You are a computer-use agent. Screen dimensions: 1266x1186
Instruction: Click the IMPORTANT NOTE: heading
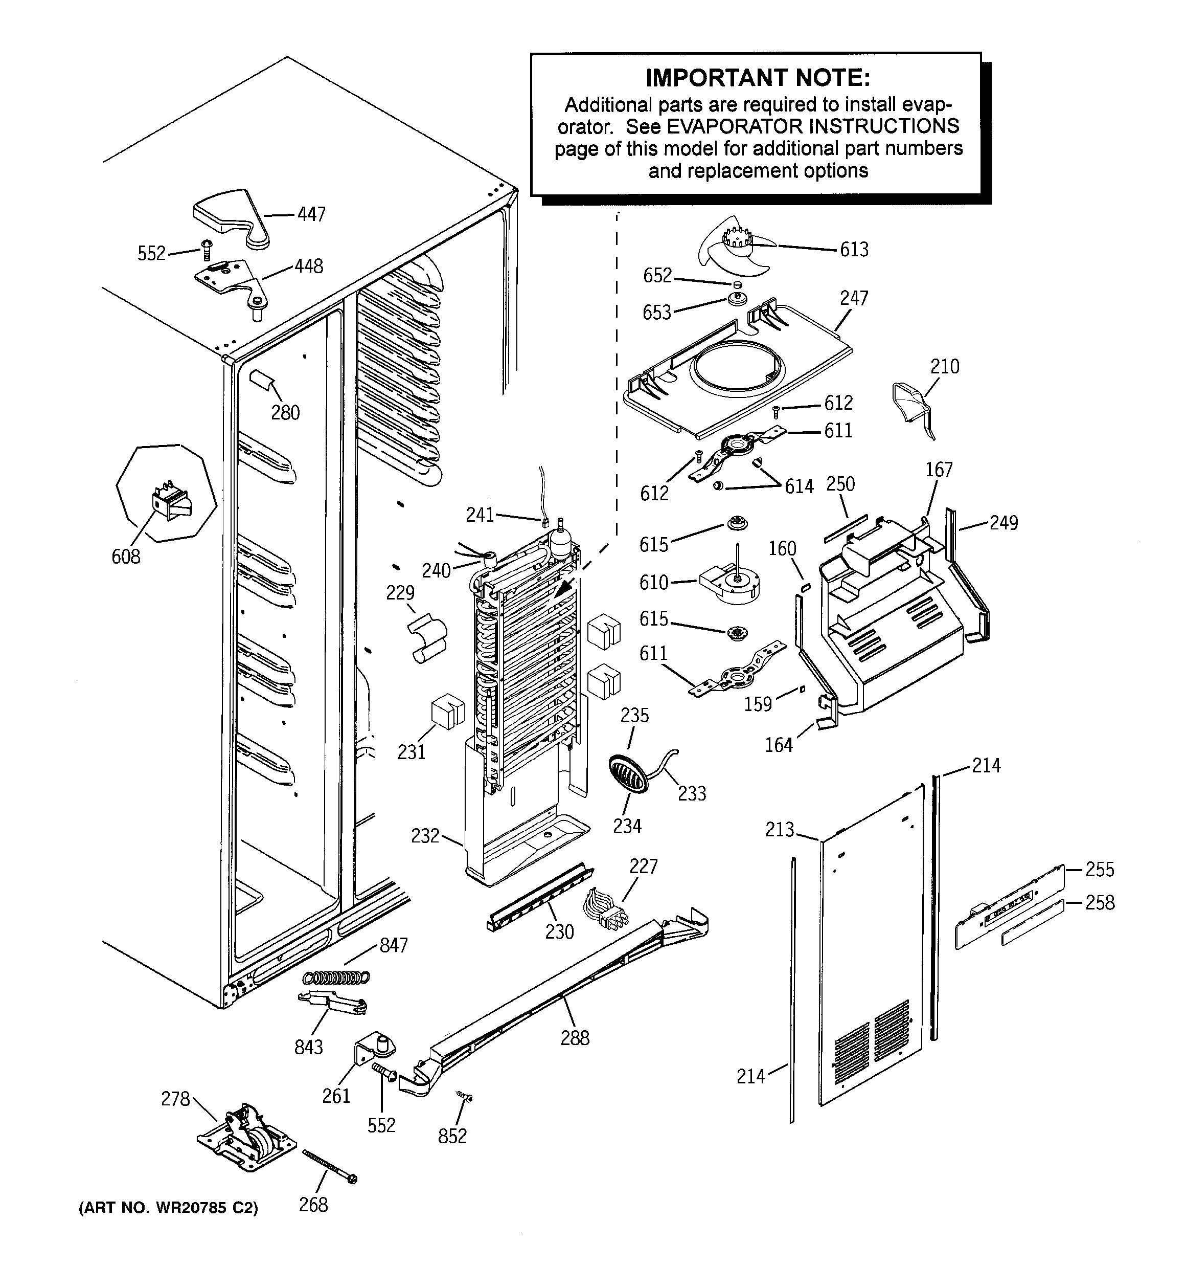click(758, 78)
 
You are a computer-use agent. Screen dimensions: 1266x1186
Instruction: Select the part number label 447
click(311, 215)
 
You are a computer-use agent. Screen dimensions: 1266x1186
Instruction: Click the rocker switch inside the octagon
click(170, 503)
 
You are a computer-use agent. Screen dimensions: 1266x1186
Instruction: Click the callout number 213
click(780, 830)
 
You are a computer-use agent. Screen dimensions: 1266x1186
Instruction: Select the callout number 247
click(854, 298)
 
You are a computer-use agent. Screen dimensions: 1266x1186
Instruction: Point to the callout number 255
click(1100, 869)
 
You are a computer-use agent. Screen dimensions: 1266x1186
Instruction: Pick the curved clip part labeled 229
click(426, 637)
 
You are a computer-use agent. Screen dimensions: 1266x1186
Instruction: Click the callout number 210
click(944, 366)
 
